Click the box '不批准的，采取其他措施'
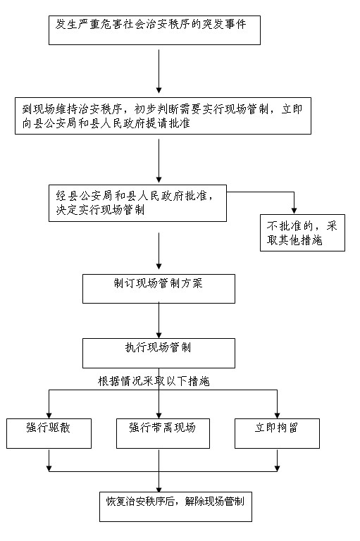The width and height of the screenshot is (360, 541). (x=302, y=234)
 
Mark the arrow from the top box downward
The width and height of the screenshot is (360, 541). (x=159, y=70)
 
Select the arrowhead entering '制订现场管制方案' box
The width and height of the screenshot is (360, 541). (x=159, y=270)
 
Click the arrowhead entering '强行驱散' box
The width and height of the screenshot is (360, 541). (x=49, y=414)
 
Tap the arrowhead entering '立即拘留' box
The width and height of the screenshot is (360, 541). (x=278, y=414)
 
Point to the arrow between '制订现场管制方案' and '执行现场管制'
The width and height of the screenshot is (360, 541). (x=159, y=321)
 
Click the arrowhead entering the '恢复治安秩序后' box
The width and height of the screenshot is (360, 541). (x=159, y=487)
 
